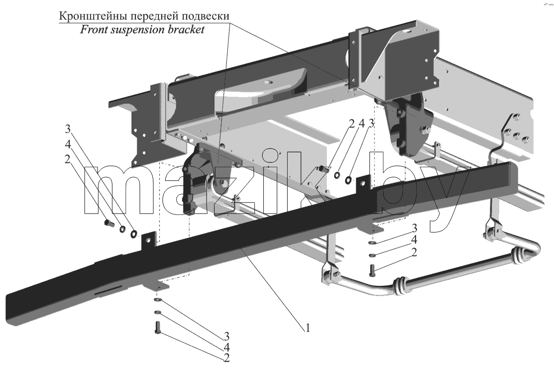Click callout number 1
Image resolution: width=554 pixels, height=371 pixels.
[x=307, y=328]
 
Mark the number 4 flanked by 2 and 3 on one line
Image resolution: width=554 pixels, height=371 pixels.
[x=362, y=124]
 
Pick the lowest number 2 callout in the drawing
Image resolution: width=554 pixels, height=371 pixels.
[x=227, y=358]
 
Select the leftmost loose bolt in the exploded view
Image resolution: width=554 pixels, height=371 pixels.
[x=109, y=223]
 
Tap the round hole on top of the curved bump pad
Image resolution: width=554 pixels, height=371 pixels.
[x=269, y=82]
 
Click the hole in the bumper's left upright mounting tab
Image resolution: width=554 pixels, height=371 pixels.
[x=148, y=240]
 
